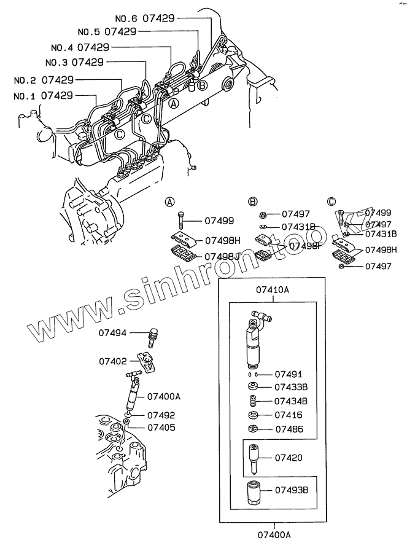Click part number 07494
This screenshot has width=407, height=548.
(113, 333)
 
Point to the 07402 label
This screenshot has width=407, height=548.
(113, 362)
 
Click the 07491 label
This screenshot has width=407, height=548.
(288, 374)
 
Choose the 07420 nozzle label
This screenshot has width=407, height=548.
(288, 458)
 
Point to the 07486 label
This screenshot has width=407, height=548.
(288, 429)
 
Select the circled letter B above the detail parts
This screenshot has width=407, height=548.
(252, 202)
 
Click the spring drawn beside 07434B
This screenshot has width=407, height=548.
(251, 401)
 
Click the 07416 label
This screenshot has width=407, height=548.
(288, 415)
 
